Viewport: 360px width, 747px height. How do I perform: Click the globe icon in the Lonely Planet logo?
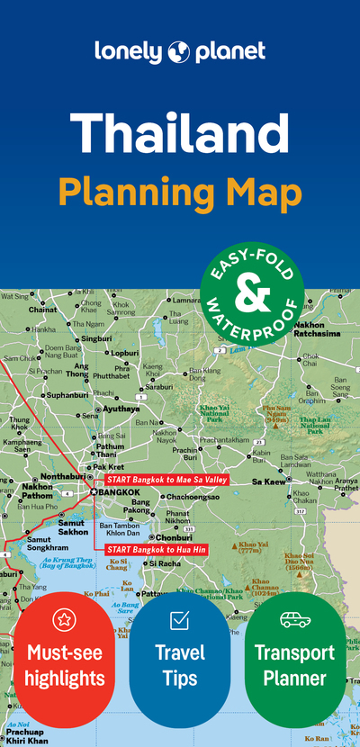(x=176, y=51)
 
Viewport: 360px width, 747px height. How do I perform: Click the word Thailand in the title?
(x=180, y=132)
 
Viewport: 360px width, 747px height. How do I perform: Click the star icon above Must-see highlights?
(x=63, y=618)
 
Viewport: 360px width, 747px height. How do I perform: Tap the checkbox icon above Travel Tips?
(x=179, y=619)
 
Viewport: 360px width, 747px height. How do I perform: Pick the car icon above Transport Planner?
(x=295, y=619)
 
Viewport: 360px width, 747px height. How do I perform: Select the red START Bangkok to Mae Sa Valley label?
(x=167, y=480)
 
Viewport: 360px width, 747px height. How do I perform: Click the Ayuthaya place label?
(x=121, y=408)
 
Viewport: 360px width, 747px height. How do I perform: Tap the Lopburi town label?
(x=124, y=354)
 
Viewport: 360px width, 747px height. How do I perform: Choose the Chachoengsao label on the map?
(x=189, y=496)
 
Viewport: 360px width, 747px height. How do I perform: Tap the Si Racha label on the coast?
(x=164, y=563)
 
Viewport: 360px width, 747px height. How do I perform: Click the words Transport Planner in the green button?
(x=295, y=665)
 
